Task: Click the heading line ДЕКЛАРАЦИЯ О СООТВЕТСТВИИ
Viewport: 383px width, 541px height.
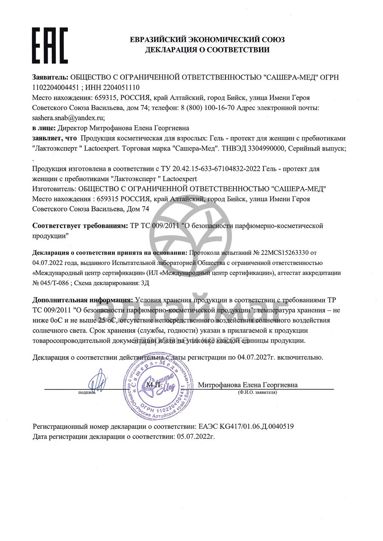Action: tap(207, 50)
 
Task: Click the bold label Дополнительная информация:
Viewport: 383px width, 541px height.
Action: tap(83, 300)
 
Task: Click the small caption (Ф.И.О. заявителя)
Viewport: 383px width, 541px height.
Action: tap(257, 392)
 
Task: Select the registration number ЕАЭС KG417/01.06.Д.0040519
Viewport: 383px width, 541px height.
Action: tap(246, 426)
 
